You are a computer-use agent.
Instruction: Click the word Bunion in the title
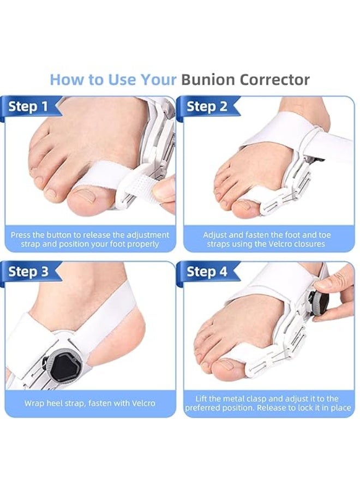point(208,80)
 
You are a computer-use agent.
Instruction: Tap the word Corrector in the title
point(274,80)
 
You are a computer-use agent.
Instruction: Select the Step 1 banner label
point(28,106)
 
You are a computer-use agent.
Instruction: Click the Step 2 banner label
point(207,106)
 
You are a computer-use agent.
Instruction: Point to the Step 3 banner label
point(28,271)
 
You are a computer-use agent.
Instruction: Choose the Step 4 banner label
point(207,271)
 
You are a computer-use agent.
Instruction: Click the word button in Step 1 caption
point(59,235)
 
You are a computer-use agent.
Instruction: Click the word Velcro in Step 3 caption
point(142,403)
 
